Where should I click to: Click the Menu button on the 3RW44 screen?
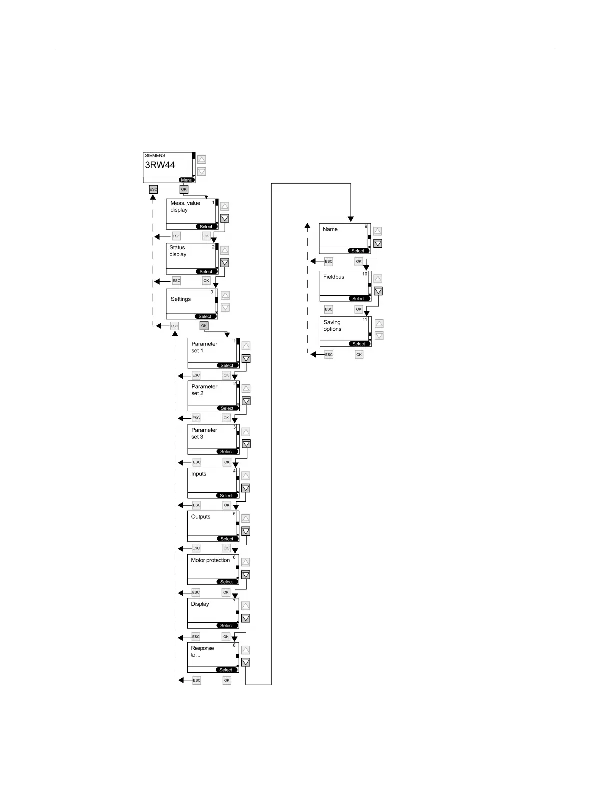187,180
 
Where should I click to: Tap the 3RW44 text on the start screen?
160,165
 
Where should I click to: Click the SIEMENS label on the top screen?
155,155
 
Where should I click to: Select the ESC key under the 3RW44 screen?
153,189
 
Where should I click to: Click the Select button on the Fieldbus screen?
358,299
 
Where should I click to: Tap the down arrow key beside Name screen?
378,244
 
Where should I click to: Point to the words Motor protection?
210,560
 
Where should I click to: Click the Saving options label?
332,326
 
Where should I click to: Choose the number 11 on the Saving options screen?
365,319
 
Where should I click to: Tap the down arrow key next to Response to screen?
245,662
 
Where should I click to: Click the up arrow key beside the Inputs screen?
246,476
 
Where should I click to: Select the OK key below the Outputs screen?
226,548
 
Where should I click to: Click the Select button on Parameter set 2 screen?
227,408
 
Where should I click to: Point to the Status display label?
178,251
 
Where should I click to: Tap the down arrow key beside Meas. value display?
225,218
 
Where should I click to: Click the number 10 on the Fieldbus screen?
365,274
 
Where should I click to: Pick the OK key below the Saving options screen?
359,354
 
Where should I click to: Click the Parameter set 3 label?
204,433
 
